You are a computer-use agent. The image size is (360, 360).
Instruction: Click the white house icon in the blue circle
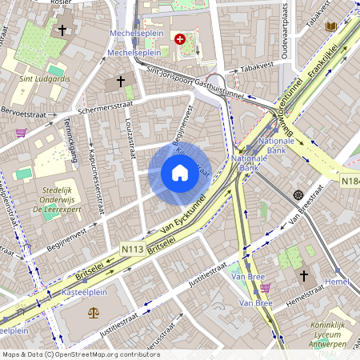pos(180,173)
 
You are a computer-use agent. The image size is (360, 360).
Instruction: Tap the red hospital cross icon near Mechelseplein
pos(180,38)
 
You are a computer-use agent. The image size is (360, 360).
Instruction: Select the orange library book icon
pos(331,26)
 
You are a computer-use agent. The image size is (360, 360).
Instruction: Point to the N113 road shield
pos(134,250)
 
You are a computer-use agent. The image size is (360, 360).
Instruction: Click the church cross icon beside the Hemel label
pos(303,276)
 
